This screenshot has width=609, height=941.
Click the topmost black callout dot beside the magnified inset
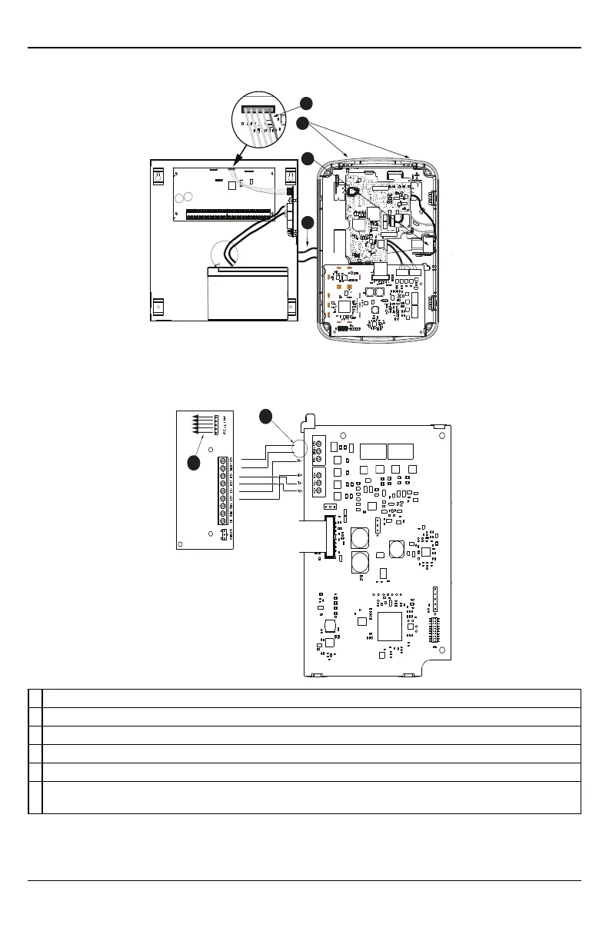(x=306, y=102)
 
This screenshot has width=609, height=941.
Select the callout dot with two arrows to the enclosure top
(x=304, y=123)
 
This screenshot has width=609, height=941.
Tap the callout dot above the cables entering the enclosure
(x=307, y=223)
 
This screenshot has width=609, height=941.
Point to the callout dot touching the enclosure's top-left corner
(x=307, y=158)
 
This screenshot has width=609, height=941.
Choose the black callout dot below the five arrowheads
(x=194, y=462)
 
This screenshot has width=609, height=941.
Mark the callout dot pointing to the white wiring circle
(x=266, y=417)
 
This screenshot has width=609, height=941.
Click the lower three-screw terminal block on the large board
(x=318, y=483)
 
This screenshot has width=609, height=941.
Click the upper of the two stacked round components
(x=360, y=537)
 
